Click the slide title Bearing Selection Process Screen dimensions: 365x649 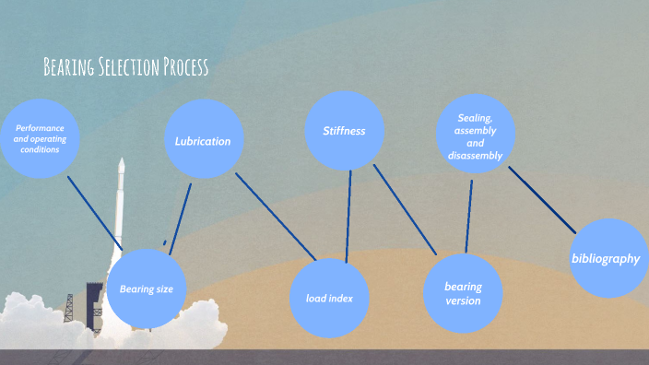pyautogui.click(x=126, y=67)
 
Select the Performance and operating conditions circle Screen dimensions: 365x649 pyautogui.click(x=40, y=138)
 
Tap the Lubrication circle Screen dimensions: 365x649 pyautogui.click(x=203, y=140)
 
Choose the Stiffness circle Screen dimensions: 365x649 pyautogui.click(x=344, y=131)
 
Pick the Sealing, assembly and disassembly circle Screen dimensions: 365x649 pyautogui.click(x=476, y=136)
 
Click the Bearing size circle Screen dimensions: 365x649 pyautogui.click(x=147, y=288)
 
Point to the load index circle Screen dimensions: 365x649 pyautogui.click(x=330, y=298)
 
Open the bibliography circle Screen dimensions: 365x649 pyautogui.click(x=606, y=258)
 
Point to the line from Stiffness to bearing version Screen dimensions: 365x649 pyautogui.click(x=405, y=209)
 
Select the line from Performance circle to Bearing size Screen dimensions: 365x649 pyautogui.click(x=95, y=212)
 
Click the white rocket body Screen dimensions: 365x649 pyautogui.click(x=119, y=203)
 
